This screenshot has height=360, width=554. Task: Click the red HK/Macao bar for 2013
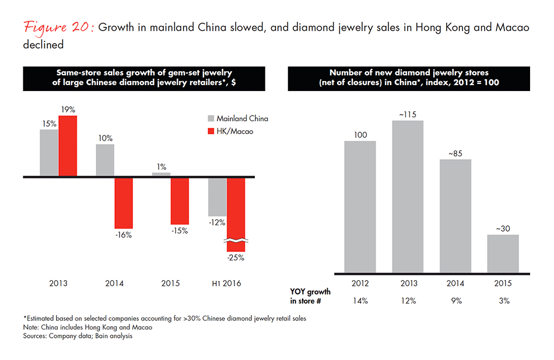pos(68,146)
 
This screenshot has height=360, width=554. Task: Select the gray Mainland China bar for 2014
pos(105,160)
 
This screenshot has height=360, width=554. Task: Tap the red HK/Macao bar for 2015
pos(180,201)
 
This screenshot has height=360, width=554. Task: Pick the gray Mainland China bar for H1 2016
pos(217,197)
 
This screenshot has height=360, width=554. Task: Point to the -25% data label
pos(236,257)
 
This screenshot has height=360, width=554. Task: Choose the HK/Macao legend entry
pos(234,131)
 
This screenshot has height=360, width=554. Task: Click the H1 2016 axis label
pos(226,284)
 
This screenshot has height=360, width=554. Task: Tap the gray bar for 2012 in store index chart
pos(360,207)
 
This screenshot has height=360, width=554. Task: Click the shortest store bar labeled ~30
pos(503,254)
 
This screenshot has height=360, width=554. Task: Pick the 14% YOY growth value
pos(360,300)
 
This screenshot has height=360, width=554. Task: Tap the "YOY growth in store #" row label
pos(310,296)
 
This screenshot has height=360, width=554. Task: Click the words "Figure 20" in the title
pos(57,30)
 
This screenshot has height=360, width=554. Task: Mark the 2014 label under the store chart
pos(455,284)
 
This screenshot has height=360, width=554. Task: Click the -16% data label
pos(124,235)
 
